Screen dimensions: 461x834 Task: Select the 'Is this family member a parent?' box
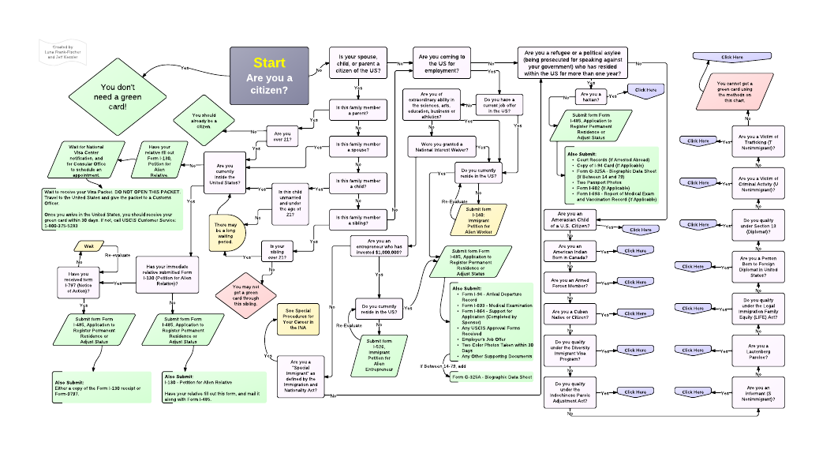pyautogui.click(x=358, y=111)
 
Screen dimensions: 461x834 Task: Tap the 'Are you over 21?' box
pyautogui.click(x=282, y=137)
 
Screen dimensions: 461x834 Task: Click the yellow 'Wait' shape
pyautogui.click(x=89, y=246)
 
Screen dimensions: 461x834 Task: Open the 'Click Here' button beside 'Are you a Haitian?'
pyautogui.click(x=645, y=90)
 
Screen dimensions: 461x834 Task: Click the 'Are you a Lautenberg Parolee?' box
pyautogui.click(x=758, y=350)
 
